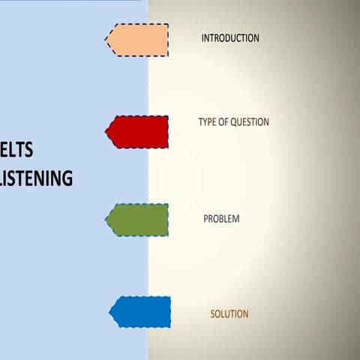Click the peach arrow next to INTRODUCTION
138,40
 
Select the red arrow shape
138,131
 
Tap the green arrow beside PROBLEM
138,220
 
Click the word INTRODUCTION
230,38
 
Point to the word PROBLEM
221,219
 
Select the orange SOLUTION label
229,313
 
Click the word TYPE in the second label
208,122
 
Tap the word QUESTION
250,122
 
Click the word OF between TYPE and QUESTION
224,122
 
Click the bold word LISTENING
36,178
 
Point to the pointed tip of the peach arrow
106,39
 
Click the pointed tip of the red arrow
106,132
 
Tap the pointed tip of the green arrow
106,220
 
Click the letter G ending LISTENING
67,178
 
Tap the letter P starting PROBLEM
206,219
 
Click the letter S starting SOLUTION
212,313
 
